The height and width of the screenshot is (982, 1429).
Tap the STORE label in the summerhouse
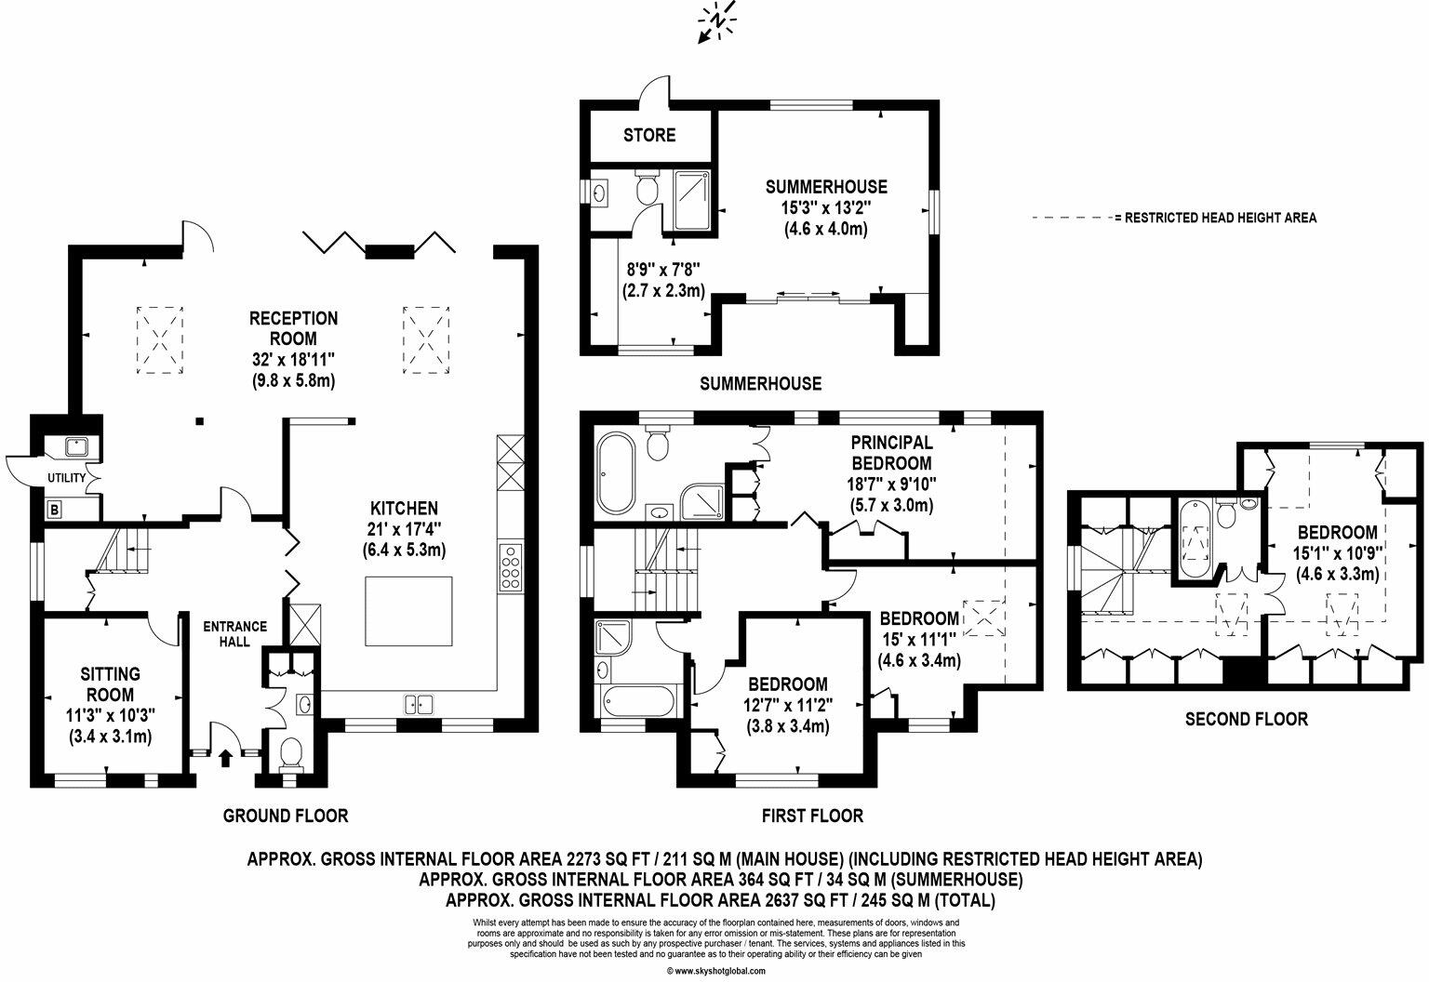(x=649, y=136)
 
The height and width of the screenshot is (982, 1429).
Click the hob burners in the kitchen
(x=512, y=566)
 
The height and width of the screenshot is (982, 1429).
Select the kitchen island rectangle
(x=408, y=611)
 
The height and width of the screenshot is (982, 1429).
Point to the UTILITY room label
(x=67, y=478)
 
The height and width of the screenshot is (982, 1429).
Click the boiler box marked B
(x=55, y=510)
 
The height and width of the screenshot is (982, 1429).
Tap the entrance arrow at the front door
(x=226, y=757)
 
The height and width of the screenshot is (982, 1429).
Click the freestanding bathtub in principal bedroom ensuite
(x=613, y=473)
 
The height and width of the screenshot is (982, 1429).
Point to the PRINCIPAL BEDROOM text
(x=890, y=453)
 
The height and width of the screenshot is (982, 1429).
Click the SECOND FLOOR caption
(x=1246, y=719)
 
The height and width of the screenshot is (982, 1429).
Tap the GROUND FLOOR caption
(x=286, y=816)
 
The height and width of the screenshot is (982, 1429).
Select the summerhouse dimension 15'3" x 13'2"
(x=826, y=208)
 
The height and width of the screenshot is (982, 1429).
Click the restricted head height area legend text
(x=1220, y=219)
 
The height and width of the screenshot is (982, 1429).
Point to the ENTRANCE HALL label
(x=235, y=633)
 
